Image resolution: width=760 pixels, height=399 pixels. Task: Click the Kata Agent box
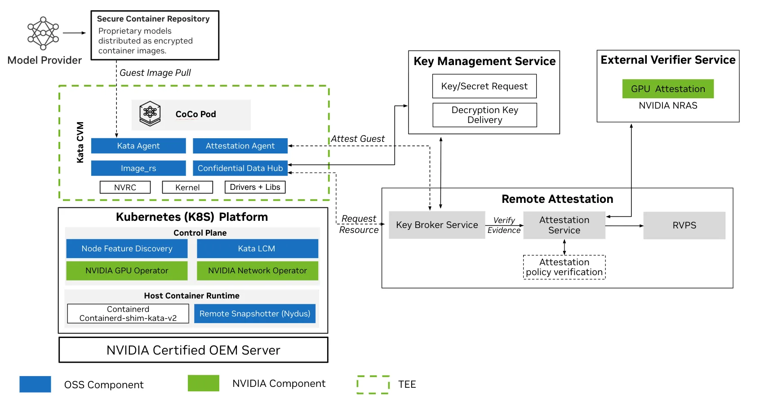[138, 146]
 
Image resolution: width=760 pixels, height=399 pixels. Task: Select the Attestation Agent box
[240, 146]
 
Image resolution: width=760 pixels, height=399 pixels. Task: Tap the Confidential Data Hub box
[240, 168]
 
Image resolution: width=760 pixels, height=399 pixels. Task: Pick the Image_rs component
[138, 168]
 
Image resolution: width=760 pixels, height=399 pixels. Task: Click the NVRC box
[125, 187]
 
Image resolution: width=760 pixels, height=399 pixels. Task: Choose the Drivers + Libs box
[255, 187]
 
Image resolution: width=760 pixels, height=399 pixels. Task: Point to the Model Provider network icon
[43, 33]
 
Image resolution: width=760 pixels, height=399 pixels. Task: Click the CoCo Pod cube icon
[150, 114]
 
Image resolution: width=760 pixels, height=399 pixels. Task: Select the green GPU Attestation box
[668, 89]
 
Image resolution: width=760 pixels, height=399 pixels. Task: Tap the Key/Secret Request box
[484, 86]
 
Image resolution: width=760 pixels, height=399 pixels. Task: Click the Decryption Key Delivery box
[484, 115]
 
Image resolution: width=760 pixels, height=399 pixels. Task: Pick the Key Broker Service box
[437, 225]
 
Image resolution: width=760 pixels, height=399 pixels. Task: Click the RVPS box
[684, 225]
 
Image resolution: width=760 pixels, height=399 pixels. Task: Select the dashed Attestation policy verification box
[564, 267]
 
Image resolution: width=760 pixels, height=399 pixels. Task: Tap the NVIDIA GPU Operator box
[127, 271]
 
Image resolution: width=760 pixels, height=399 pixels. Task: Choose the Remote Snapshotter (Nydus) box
[255, 314]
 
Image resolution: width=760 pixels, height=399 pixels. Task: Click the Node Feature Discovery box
[127, 249]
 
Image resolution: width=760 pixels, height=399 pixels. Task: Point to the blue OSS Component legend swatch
[35, 384]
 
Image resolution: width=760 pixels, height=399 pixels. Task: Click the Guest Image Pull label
[155, 73]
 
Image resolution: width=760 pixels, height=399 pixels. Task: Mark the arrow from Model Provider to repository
[74, 33]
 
